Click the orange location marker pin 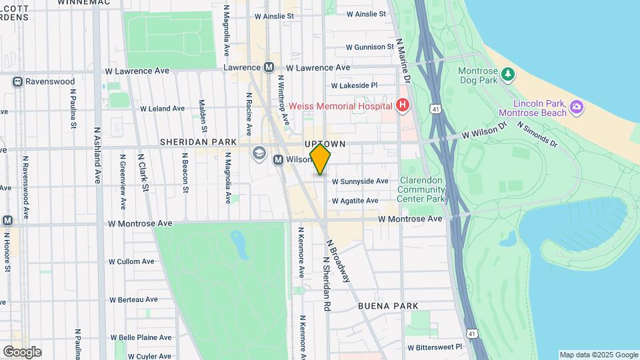pyautogui.click(x=321, y=159)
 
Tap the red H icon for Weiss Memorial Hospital pyautogui.click(x=402, y=105)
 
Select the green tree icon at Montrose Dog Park pyautogui.click(x=508, y=73)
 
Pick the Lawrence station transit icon pyautogui.click(x=269, y=67)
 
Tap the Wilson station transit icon pyautogui.click(x=279, y=159)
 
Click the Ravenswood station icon pyautogui.click(x=17, y=81)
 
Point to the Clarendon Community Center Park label pyautogui.click(x=421, y=189)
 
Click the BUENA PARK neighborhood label pyautogui.click(x=388, y=306)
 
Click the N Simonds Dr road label pyautogui.click(x=536, y=133)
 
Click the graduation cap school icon pyautogui.click(x=258, y=154)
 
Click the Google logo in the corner pyautogui.click(x=22, y=352)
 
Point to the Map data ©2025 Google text pyautogui.click(x=598, y=355)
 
